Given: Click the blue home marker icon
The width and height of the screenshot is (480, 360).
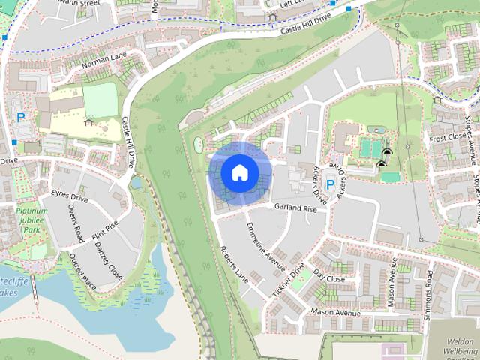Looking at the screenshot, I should [x=239, y=172].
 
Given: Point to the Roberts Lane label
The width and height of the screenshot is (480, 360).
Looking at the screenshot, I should [x=233, y=262].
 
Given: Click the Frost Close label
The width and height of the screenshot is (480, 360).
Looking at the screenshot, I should [x=448, y=138].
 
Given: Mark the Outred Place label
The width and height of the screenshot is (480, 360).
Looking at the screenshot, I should [x=82, y=271].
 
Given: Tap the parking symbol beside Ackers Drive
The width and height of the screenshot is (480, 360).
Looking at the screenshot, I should [x=330, y=184].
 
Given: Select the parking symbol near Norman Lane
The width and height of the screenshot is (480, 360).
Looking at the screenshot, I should [x=21, y=117].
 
